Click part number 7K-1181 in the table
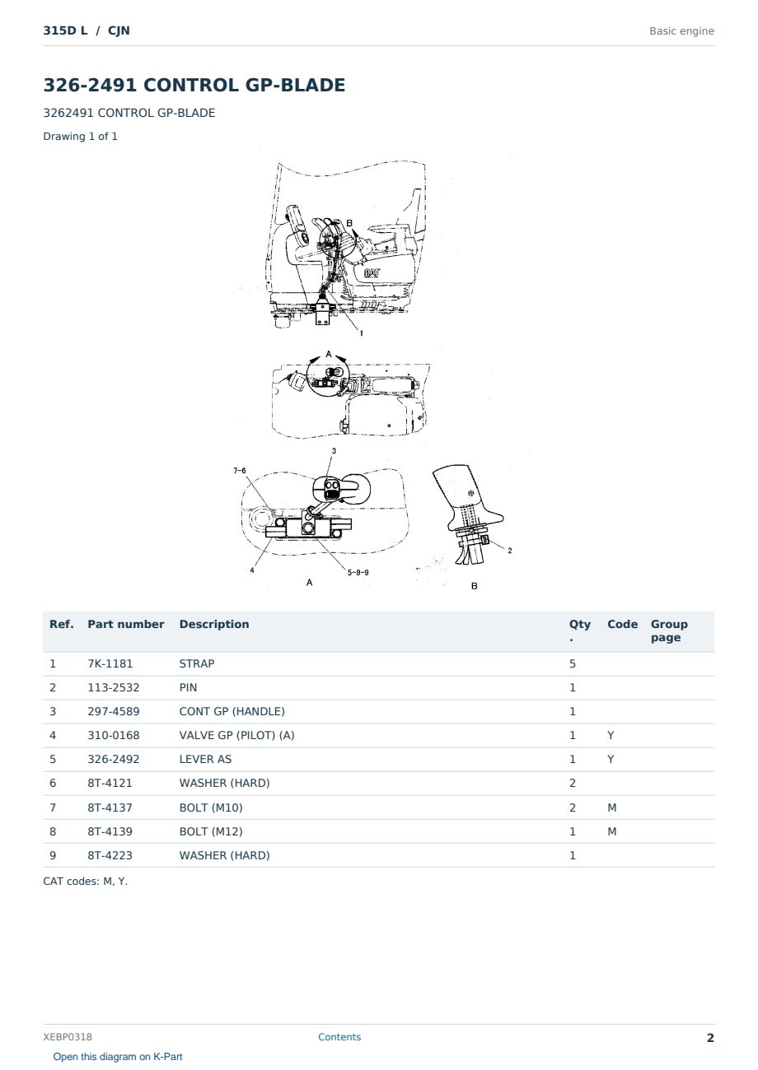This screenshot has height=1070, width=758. (110, 663)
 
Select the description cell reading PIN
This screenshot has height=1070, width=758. (188, 687)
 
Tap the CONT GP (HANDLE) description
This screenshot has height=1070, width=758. (232, 711)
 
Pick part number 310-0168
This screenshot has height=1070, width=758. (114, 735)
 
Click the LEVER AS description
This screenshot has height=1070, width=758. (205, 759)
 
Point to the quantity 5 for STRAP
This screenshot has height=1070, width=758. (573, 663)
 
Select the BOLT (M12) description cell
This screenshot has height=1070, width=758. (211, 831)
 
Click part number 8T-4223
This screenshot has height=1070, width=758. (110, 855)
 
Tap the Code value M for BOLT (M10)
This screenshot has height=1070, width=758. (611, 807)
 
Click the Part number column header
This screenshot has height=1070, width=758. (126, 624)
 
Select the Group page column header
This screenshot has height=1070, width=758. (669, 630)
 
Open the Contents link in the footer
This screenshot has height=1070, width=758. (339, 1037)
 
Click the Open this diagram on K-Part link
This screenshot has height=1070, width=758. (118, 1057)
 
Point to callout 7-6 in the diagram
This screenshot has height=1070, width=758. (240, 471)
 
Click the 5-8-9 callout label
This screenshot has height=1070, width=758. (358, 572)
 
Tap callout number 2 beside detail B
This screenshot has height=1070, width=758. (510, 551)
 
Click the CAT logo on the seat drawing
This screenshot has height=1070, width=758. (372, 273)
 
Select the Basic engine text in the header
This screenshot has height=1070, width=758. (681, 31)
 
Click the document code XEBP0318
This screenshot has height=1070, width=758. (68, 1037)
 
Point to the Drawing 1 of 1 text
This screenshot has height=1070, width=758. (81, 137)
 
